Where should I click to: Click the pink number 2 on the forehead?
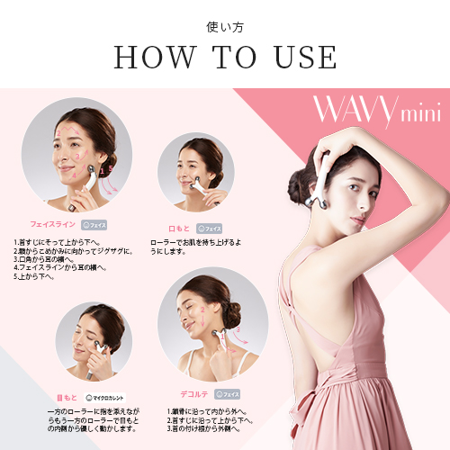coord(59,132)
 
